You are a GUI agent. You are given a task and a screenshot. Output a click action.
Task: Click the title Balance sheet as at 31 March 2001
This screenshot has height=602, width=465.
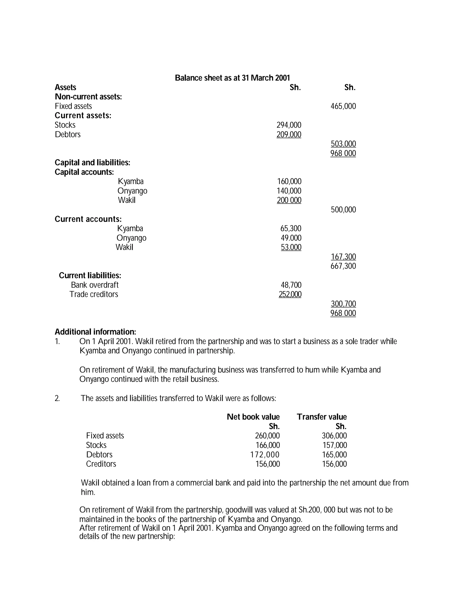232,78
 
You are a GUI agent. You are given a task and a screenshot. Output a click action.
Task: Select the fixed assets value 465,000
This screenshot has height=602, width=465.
343,106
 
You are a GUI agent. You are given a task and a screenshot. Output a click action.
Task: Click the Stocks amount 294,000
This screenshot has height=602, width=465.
289,125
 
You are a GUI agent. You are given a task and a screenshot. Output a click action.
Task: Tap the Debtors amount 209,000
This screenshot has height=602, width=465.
289,134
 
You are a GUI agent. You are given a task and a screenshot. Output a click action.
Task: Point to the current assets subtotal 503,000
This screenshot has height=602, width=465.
343,144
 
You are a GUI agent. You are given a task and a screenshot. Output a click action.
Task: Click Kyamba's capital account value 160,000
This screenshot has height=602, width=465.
289,181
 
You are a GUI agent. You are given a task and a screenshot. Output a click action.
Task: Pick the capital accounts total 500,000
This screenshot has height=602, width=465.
343,210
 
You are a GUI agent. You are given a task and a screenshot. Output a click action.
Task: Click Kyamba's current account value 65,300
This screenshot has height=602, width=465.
291,229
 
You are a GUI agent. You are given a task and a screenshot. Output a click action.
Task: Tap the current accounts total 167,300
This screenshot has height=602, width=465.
343,257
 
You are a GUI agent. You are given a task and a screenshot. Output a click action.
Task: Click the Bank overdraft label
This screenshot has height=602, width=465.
94,285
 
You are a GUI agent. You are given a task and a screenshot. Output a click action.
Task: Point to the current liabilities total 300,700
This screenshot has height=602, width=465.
343,304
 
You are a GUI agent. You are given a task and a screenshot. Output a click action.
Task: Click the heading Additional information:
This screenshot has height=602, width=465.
95,332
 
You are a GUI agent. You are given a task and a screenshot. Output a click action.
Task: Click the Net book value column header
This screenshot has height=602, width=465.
253,417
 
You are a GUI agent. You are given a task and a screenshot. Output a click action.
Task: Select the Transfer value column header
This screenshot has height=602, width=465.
322,417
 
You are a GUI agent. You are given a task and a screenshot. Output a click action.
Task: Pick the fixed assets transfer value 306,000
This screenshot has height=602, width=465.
334,436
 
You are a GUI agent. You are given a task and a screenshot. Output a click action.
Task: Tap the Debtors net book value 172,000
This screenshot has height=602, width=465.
265,455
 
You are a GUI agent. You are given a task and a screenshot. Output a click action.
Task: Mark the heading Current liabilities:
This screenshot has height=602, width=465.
90,276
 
